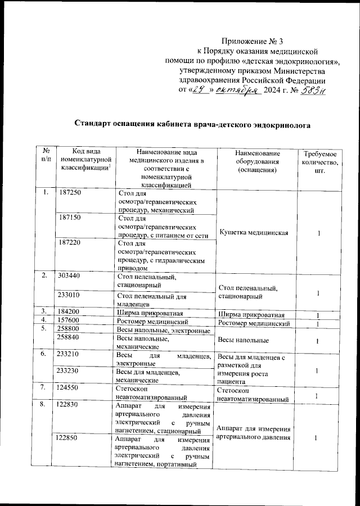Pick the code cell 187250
coord(70,193)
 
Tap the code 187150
coord(70,217)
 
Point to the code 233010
coord(70,293)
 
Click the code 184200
coord(70,311)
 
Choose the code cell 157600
coord(70,320)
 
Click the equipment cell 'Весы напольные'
coord(243,340)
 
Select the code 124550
coord(70,387)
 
